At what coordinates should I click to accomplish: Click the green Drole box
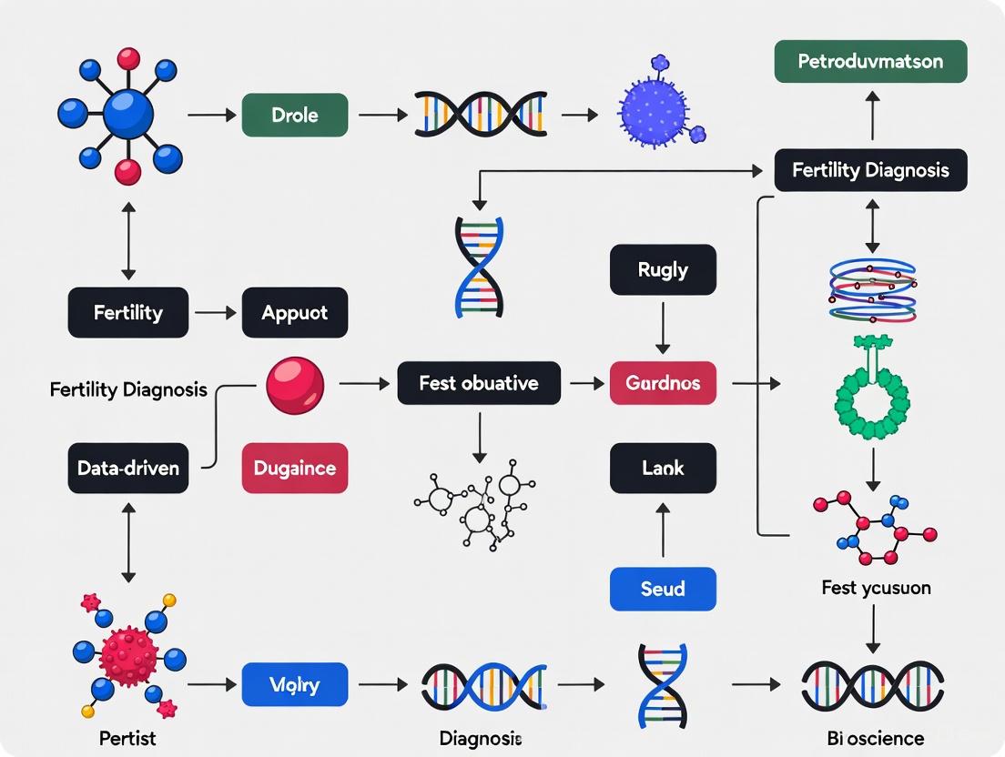[x=294, y=116]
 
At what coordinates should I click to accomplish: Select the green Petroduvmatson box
[x=870, y=63]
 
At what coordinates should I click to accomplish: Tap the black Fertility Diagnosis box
[x=870, y=170]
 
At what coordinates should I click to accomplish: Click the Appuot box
[x=294, y=313]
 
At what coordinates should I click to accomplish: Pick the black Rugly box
[x=663, y=270]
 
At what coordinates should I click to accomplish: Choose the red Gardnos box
[x=663, y=383]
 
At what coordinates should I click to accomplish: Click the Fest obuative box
[x=479, y=383]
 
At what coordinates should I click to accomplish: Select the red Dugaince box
[x=294, y=469]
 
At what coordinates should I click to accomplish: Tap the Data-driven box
[x=127, y=469]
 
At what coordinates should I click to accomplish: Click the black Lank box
[x=663, y=469]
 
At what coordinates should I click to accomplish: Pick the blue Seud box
[x=663, y=589]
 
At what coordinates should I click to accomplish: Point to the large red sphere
[x=295, y=386]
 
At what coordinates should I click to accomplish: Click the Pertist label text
[x=127, y=737]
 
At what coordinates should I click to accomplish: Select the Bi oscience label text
[x=871, y=738]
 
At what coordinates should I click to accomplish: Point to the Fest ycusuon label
[x=876, y=588]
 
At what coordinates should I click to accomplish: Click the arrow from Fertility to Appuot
[x=215, y=313]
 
